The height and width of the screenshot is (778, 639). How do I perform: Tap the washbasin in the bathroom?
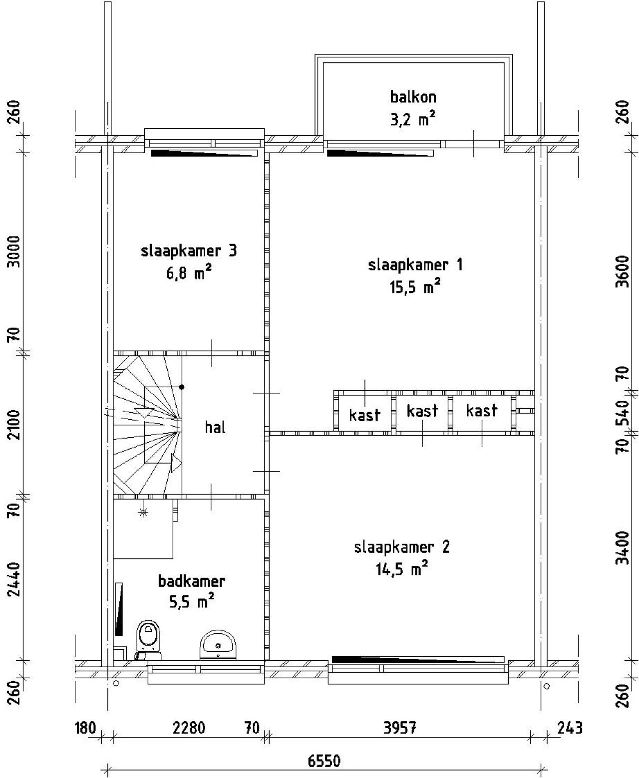tap(218, 645)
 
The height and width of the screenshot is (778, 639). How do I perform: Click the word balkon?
tap(413, 97)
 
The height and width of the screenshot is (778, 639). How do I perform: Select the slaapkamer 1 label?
tap(415, 265)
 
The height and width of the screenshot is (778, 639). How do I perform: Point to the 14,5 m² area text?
tap(402, 569)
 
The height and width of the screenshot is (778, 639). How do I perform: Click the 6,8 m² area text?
tap(189, 273)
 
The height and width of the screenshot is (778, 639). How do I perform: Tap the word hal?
tap(215, 427)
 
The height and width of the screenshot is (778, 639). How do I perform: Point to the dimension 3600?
tap(623, 271)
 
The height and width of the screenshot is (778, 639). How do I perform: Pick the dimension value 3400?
tap(623, 548)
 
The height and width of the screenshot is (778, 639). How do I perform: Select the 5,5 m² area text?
tap(192, 603)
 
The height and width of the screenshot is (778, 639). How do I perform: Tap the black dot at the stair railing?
tap(182, 387)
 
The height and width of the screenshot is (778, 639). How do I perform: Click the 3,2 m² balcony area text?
tap(413, 119)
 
